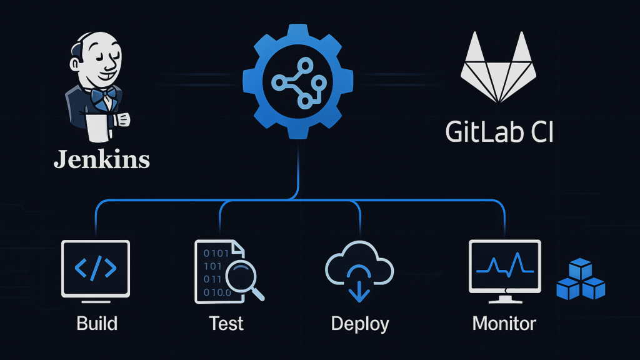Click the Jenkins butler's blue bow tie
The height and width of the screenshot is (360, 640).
102,96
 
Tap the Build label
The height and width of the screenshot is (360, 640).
97,323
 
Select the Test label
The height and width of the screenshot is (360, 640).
226,323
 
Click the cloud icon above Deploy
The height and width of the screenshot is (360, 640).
359,266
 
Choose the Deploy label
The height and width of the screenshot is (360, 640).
359,324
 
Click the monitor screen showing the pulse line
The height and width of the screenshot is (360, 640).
504,265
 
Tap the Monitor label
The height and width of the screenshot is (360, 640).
504,323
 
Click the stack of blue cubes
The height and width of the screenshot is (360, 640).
581,281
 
